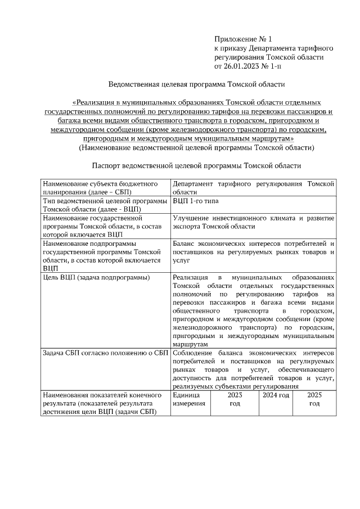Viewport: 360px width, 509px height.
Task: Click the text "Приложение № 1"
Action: coord(242,39)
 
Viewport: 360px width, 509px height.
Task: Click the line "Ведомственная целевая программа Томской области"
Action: coord(196,85)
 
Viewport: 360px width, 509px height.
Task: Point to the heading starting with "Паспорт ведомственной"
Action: coord(196,166)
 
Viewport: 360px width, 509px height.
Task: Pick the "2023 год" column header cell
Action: coord(235,400)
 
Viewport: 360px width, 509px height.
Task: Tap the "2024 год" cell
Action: coord(276,396)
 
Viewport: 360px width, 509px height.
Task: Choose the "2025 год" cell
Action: coord(314,400)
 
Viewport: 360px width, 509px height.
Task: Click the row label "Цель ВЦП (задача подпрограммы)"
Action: coord(96,278)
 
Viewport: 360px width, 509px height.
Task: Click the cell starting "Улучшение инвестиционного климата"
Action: coord(254,222)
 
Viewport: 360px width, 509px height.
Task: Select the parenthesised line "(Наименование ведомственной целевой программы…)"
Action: coord(196,148)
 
